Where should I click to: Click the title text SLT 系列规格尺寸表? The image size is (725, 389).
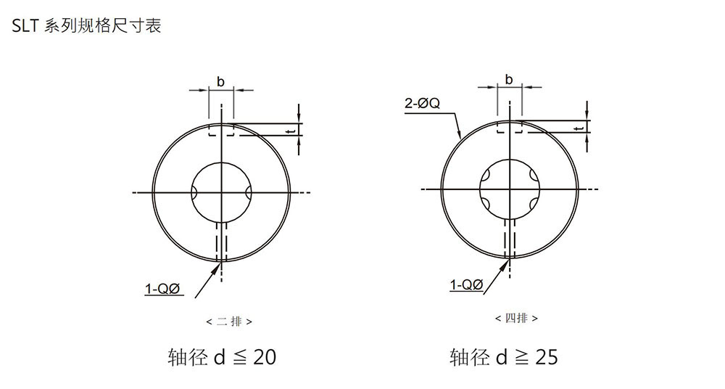click(x=86, y=25)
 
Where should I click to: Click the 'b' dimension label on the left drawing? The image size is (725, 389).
click(x=220, y=82)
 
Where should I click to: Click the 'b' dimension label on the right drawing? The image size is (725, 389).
click(x=509, y=80)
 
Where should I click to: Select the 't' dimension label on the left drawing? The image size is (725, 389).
click(x=290, y=131)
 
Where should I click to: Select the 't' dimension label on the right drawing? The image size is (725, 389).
click(x=579, y=128)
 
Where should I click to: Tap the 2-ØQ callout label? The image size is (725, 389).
click(x=422, y=103)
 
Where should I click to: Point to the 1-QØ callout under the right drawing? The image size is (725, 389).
click(x=466, y=284)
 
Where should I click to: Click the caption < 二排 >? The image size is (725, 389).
click(x=229, y=322)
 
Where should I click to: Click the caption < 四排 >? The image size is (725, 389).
click(x=516, y=318)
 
